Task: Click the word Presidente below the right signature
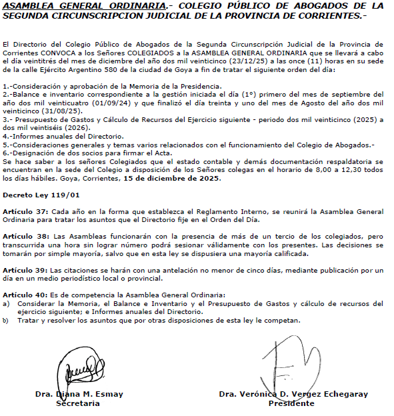[x=291, y=403]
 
